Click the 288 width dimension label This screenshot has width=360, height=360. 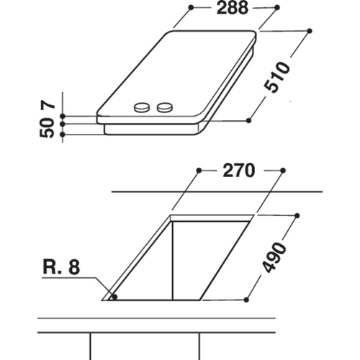232,8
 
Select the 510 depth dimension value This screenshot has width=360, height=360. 276,77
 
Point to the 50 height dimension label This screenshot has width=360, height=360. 47,129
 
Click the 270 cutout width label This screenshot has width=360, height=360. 238,171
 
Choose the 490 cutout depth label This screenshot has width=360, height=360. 274,258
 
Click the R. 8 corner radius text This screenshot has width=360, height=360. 61,267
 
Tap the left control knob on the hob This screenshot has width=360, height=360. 142,107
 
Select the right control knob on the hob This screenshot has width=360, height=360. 164,107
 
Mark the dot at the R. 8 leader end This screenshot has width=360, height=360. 114,297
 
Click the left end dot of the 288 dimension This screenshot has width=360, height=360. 191,8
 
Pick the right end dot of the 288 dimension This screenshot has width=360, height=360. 277,8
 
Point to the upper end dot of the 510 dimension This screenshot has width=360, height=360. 310,31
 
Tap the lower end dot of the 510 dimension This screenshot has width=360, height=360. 248,120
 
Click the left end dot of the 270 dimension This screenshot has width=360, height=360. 199,171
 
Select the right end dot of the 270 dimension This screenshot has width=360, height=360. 283,171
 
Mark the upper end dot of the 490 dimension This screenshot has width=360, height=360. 297,215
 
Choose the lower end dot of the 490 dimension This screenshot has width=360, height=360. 246,300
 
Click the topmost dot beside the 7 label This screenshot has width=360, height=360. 63,116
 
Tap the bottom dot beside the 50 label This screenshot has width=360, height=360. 63,135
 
